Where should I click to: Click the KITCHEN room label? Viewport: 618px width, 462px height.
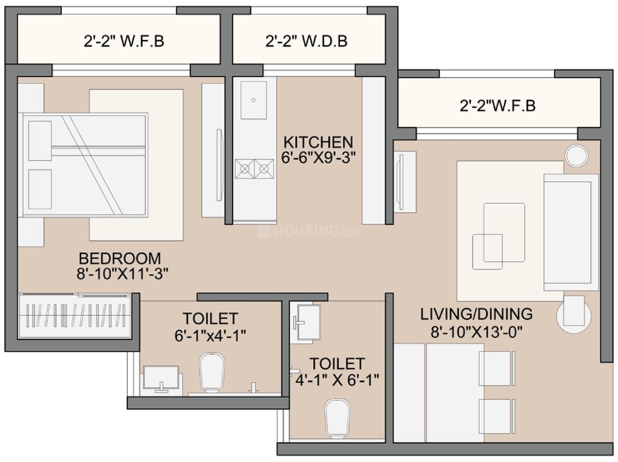tap(318, 142)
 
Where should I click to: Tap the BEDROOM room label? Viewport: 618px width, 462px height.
tap(119, 259)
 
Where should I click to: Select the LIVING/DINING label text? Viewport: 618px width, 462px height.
tap(476, 314)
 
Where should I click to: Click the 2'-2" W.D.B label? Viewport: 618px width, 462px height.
tap(306, 42)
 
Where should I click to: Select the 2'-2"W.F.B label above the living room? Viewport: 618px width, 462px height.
tap(497, 106)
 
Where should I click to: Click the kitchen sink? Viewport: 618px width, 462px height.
tap(254, 100)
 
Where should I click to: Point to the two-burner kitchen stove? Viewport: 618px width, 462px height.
tap(254, 169)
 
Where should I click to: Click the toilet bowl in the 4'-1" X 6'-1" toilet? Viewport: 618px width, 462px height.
tap(337, 417)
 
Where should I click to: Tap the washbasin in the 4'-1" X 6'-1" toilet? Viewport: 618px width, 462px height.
tap(307, 322)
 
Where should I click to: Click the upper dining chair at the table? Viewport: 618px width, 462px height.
tap(497, 368)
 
